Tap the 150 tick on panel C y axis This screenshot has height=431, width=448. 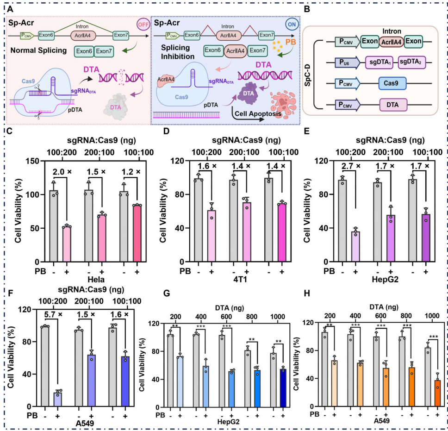(35, 161)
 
